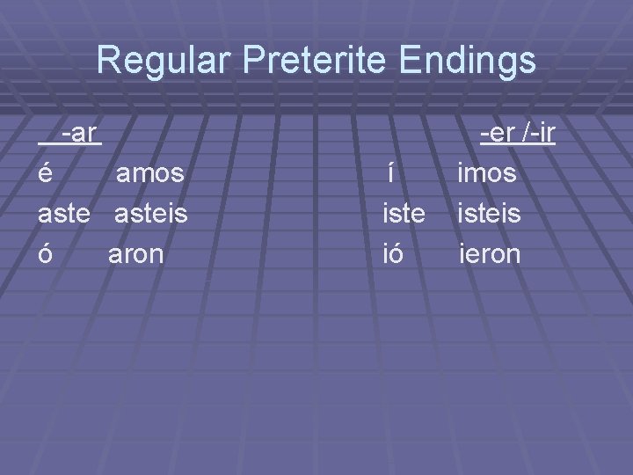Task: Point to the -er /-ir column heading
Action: pos(517,134)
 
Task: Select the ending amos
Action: pos(150,174)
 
